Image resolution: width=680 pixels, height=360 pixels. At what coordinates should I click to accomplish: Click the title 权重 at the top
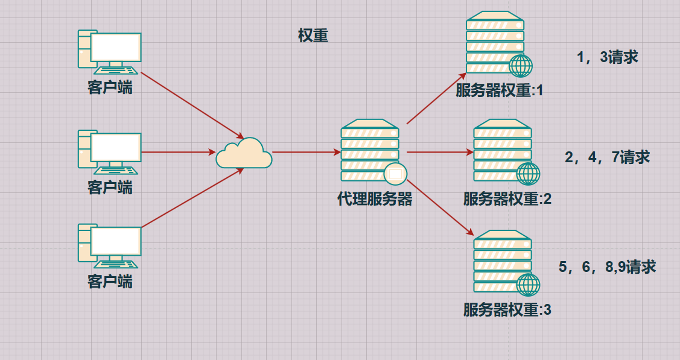[313, 36]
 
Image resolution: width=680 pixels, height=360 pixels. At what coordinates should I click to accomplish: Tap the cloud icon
[244, 153]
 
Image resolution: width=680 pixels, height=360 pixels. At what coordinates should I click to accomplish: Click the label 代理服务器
[375, 199]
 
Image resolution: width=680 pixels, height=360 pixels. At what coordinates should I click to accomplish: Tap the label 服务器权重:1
[500, 91]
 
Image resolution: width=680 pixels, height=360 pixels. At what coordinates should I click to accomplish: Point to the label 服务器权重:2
[507, 199]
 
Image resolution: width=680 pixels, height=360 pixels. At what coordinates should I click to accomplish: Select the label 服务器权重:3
[507, 311]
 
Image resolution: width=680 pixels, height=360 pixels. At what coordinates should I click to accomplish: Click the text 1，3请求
[608, 57]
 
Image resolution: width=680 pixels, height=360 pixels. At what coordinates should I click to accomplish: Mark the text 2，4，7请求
[607, 157]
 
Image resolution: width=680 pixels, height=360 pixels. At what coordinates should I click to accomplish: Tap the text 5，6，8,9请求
[607, 267]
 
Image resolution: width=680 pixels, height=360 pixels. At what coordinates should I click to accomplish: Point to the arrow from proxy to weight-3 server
[439, 207]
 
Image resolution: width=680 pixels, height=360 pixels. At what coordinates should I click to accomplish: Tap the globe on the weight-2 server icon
[528, 174]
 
